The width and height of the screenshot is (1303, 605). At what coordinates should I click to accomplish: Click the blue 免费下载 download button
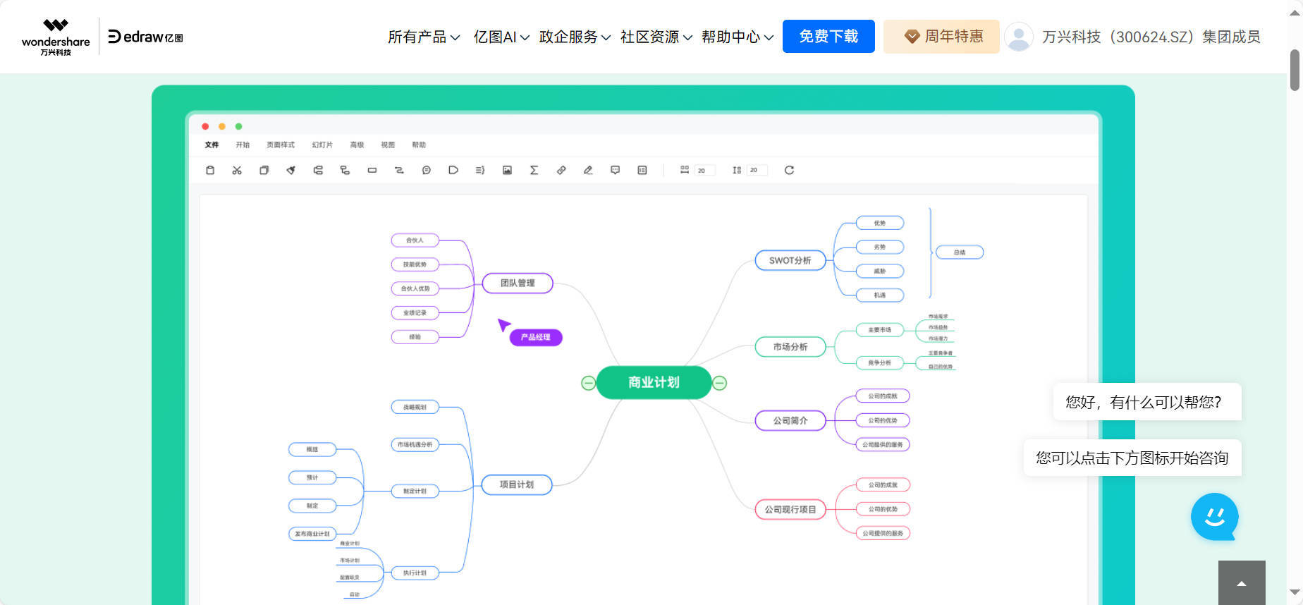click(x=828, y=37)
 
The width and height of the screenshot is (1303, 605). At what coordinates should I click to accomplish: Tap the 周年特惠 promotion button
click(x=941, y=37)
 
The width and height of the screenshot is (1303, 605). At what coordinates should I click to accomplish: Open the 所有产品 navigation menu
click(x=423, y=37)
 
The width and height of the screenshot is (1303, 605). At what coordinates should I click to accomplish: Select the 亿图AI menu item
click(x=501, y=37)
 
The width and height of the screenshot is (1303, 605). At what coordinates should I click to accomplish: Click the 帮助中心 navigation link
click(x=737, y=37)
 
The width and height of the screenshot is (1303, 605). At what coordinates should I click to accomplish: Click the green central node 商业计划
click(x=654, y=382)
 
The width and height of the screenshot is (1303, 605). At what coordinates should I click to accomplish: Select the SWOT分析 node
click(x=790, y=260)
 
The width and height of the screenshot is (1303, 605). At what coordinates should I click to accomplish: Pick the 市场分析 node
click(x=790, y=347)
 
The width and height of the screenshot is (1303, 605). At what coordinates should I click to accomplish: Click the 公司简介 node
click(x=790, y=420)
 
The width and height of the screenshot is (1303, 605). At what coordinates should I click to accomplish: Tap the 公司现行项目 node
click(x=790, y=509)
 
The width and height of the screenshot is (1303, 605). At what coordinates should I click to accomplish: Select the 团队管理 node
click(x=518, y=283)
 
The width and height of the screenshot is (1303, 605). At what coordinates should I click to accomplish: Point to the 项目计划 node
click(x=516, y=484)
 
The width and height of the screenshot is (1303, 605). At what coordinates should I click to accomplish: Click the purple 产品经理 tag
click(x=535, y=337)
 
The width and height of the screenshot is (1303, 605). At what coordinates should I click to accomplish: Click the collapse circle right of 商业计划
click(x=719, y=383)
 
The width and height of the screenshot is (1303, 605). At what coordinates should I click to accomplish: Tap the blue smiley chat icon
click(x=1214, y=516)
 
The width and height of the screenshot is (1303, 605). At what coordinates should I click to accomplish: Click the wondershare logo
click(x=56, y=37)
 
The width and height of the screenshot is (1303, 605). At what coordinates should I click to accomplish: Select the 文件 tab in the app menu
click(x=212, y=145)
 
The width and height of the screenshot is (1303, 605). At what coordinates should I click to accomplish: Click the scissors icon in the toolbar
click(x=237, y=170)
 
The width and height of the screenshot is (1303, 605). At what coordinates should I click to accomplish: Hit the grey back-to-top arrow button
click(x=1241, y=583)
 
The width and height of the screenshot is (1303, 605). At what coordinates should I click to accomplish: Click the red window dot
click(x=205, y=126)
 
